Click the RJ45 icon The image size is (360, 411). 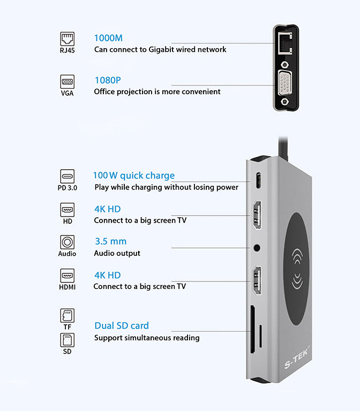click(x=67, y=39)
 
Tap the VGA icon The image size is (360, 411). click(x=67, y=82)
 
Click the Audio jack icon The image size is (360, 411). click(x=67, y=242)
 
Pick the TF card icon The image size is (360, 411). click(x=67, y=315)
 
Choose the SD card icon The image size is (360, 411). click(x=67, y=340)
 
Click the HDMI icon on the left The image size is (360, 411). click(x=67, y=276)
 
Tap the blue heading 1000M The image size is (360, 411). click(x=108, y=38)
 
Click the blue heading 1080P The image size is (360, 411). click(x=108, y=80)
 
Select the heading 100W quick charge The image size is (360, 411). click(x=133, y=176)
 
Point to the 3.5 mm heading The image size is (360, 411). click(x=110, y=241)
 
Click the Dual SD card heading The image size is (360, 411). click(x=122, y=325)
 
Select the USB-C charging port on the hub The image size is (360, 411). click(x=258, y=181)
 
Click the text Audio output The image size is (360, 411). click(x=117, y=253)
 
